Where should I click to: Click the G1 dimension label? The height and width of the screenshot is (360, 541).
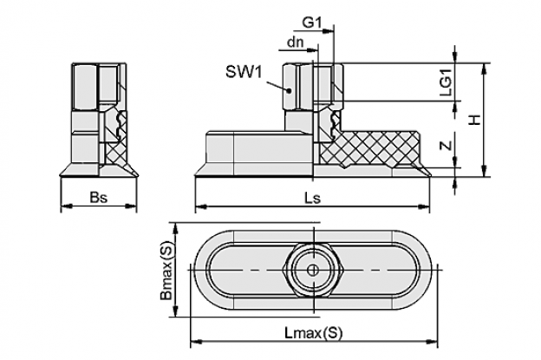312,23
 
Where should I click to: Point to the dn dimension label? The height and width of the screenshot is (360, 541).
295,43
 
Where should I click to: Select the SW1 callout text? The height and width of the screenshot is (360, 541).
244,72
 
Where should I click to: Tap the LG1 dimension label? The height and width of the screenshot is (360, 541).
446,85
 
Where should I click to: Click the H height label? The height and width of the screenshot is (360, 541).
475,120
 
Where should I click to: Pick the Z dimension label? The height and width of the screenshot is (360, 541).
446,146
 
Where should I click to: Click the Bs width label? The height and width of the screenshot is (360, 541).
99,198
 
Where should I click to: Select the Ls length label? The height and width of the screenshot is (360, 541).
312,198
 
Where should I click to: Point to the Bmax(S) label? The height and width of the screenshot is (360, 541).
166,271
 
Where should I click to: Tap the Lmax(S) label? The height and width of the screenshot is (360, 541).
314,333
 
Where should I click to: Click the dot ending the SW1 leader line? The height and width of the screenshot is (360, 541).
289,91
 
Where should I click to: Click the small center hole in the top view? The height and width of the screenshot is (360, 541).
313,270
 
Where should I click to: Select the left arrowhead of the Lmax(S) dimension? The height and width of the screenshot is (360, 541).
196,342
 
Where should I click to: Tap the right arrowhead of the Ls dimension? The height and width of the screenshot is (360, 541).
424,206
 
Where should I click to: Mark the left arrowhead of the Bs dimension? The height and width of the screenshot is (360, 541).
66,206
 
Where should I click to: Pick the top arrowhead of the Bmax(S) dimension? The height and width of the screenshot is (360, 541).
176,228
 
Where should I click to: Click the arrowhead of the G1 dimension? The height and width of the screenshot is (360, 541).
329,31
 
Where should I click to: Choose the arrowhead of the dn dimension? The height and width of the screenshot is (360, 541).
312,50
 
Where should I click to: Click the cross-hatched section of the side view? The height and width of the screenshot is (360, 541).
369,148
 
